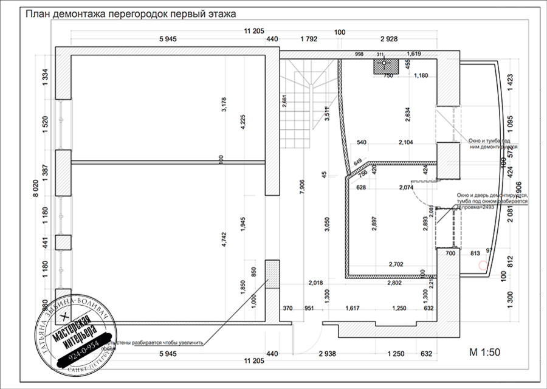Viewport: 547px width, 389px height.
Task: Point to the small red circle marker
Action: pyautogui.click(x=483, y=265)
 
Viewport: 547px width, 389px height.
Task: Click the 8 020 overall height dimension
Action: pyautogui.click(x=36, y=193)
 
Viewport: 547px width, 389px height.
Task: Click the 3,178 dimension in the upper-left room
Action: pyautogui.click(x=224, y=105)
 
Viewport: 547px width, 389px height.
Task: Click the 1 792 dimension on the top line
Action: pyautogui.click(x=309, y=40)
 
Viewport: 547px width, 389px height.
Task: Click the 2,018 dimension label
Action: pyautogui.click(x=315, y=283)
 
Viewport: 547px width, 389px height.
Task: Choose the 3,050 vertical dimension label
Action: pyautogui.click(x=326, y=224)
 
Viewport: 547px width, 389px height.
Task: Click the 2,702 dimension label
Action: pyautogui.click(x=399, y=264)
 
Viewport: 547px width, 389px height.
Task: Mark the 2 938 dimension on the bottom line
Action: pyautogui.click(x=320, y=353)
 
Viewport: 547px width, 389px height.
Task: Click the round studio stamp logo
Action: pyautogui.click(x=76, y=337)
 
